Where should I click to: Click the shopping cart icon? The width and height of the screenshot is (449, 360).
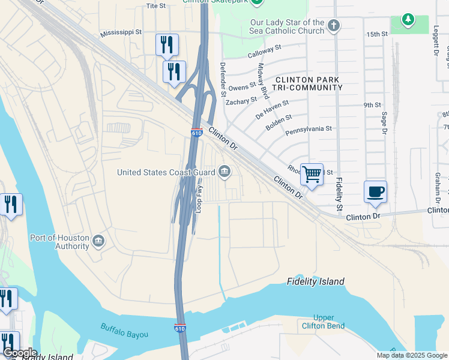[x=312, y=175]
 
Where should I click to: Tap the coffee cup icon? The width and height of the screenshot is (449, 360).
[x=375, y=192]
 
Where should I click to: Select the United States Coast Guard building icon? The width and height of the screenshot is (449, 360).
[x=224, y=172]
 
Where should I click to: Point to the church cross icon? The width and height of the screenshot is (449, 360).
[x=334, y=26]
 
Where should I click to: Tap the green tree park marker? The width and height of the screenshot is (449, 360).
[x=408, y=20]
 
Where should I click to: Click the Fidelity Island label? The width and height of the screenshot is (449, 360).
[x=316, y=281]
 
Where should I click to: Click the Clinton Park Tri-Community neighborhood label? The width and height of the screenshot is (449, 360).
[x=309, y=83]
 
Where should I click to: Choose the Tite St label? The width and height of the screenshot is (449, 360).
[x=155, y=6]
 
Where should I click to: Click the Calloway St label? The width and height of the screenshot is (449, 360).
[x=265, y=52]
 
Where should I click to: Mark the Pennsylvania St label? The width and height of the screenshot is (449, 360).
[x=308, y=129]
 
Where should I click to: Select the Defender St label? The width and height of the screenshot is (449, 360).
[x=222, y=80]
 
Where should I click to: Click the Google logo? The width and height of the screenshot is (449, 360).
[x=20, y=353]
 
